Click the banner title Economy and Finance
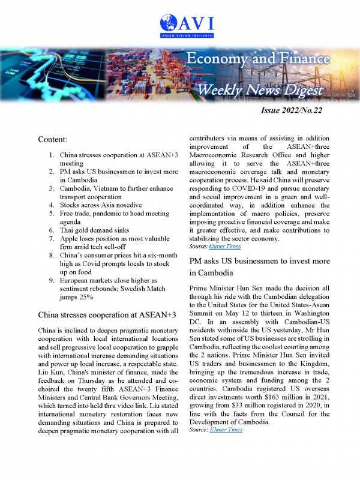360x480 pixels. click(258, 59)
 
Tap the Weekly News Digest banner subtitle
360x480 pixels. click(261, 90)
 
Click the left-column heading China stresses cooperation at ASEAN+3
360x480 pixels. click(107, 314)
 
